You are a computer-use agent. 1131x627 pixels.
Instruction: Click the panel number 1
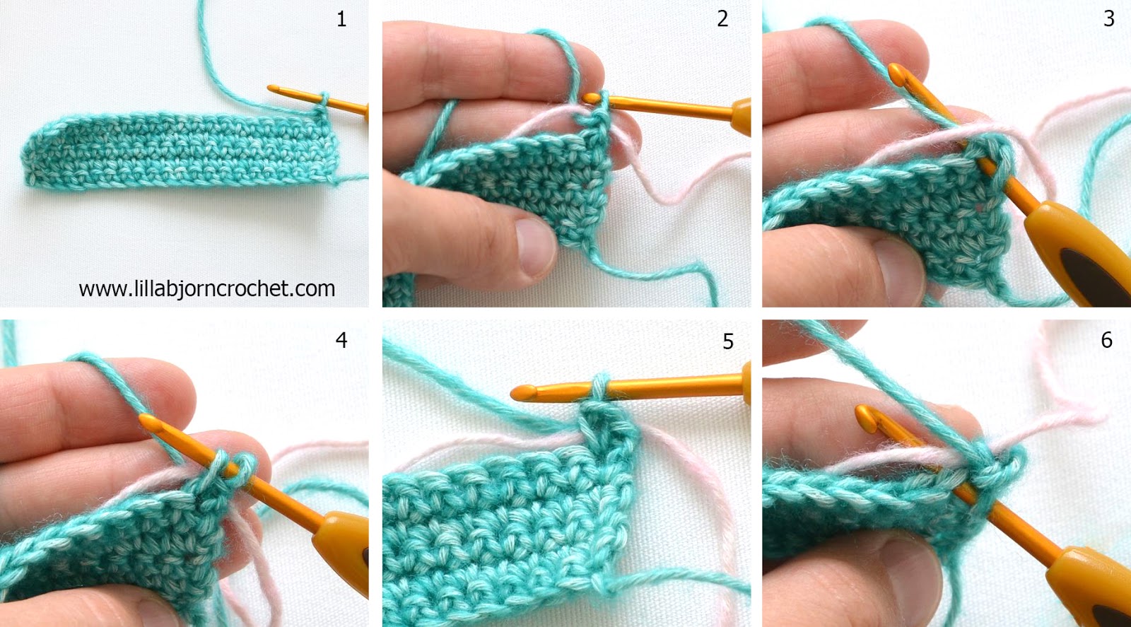341,19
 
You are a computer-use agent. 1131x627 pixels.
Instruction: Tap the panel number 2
722,19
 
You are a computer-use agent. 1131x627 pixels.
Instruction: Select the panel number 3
1108,19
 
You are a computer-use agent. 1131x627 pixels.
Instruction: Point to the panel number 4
341,340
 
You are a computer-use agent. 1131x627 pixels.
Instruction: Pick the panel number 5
728,342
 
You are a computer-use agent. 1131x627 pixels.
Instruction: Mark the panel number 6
1107,340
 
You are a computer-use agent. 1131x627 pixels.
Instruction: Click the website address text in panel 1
206,288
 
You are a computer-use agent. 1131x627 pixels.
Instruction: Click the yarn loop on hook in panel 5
599,387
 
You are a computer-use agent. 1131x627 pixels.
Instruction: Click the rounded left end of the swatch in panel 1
32,156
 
